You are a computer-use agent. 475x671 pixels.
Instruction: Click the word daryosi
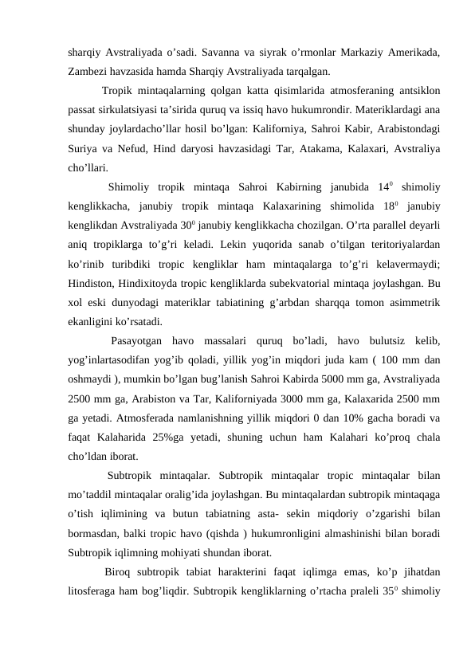coord(215,149)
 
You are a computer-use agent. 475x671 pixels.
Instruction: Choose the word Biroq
coord(119,571)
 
